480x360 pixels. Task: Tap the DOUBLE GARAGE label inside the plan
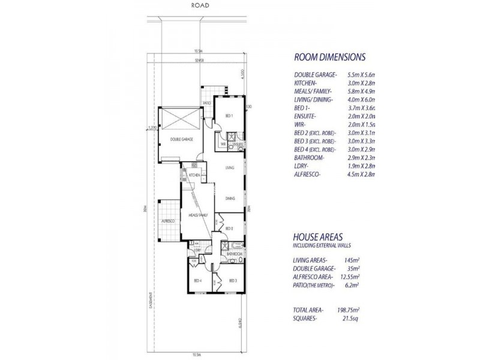[x=181, y=139]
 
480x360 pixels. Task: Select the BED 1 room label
[x=229, y=115]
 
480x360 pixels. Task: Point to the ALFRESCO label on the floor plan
[x=167, y=221]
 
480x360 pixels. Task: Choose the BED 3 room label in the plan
[x=232, y=281]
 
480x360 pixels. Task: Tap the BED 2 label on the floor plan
[x=229, y=229]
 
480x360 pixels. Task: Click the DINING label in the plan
[x=230, y=199]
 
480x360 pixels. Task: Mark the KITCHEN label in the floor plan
[x=194, y=175]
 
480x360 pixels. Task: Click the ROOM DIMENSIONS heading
[x=329, y=58]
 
